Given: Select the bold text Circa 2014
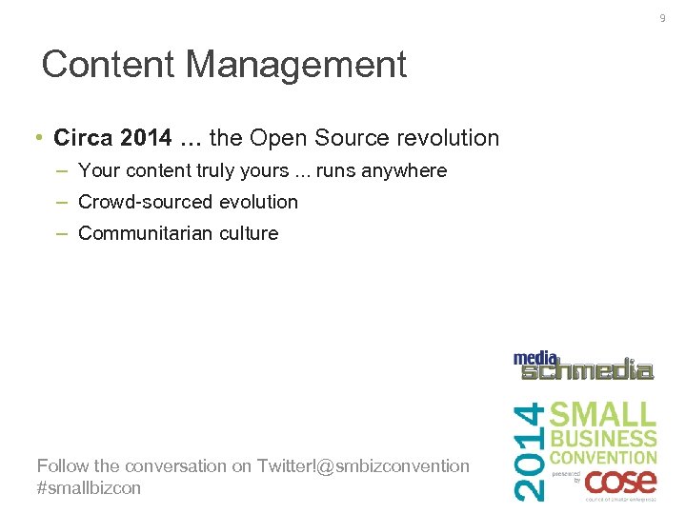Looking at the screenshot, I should (113, 138).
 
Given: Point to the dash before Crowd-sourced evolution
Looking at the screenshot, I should (62, 202).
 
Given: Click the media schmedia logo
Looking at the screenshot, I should (583, 366).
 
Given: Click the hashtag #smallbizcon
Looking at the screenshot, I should (89, 487).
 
